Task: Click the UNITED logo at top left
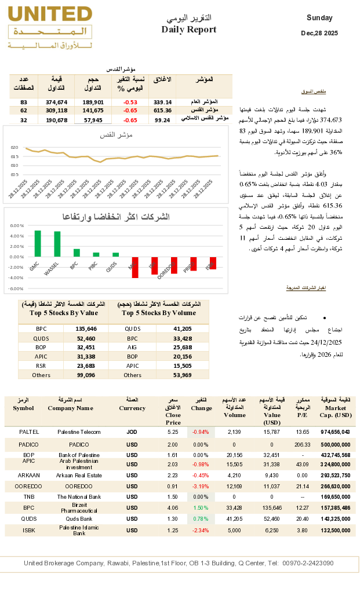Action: click(x=51, y=28)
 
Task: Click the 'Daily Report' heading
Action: click(x=188, y=30)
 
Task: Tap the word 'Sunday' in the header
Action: click(x=320, y=18)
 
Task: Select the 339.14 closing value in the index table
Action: click(x=162, y=102)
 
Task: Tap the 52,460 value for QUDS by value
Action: click(x=86, y=338)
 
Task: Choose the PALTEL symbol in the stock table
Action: click(x=29, y=432)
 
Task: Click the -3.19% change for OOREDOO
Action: click(x=201, y=486)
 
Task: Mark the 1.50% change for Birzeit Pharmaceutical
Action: click(x=201, y=507)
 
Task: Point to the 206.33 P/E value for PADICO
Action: click(x=303, y=444)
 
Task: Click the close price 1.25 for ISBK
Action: click(x=173, y=530)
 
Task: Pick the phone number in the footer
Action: click(x=308, y=563)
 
